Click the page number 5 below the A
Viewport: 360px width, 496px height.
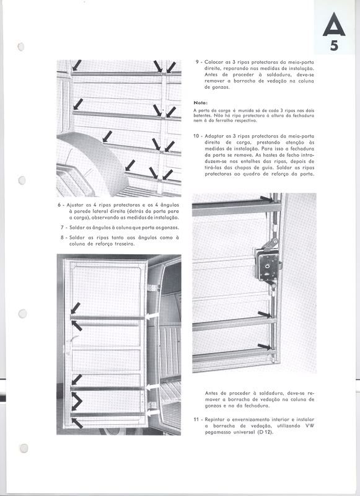coord(334,46)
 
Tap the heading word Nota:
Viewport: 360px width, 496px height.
coord(200,103)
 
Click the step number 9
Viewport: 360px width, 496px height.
coord(198,62)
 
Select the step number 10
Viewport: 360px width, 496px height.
coord(196,136)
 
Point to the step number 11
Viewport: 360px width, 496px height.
coord(196,420)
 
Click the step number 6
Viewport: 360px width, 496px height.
coord(59,205)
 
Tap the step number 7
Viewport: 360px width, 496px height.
coord(62,228)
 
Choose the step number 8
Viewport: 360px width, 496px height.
coord(62,237)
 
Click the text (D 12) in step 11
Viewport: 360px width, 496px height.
coord(265,432)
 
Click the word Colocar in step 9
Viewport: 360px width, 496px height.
coord(214,62)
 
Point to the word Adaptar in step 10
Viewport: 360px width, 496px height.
coord(214,136)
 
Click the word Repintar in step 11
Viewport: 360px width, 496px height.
coord(216,420)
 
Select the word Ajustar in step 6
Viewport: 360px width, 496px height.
coord(75,205)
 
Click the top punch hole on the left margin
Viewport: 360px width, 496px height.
coord(21,47)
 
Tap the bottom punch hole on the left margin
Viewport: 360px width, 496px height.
coord(24,448)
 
